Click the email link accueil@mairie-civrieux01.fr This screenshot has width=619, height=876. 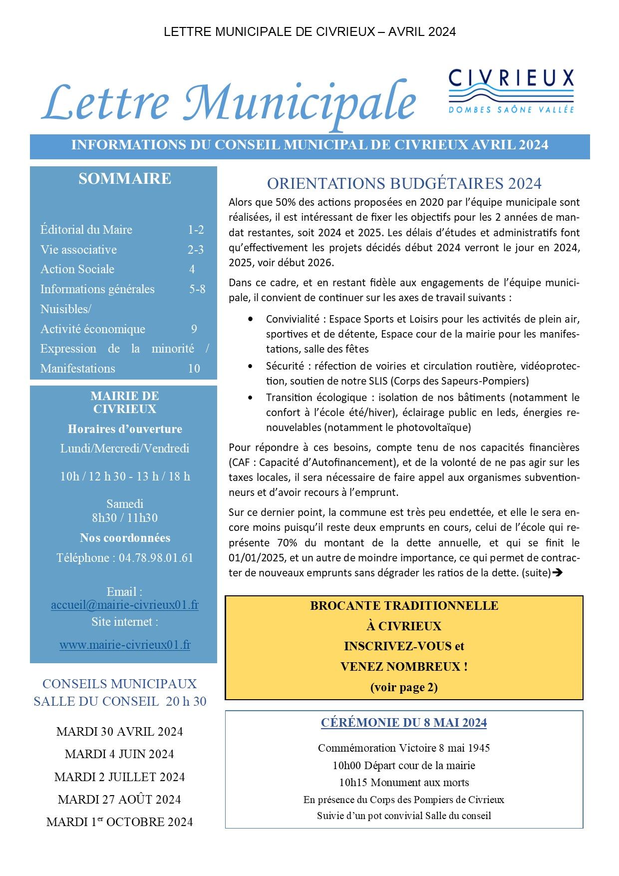(125, 605)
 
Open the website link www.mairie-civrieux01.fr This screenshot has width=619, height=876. (125, 645)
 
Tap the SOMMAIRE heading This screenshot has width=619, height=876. (125, 179)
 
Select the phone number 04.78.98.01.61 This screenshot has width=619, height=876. (156, 558)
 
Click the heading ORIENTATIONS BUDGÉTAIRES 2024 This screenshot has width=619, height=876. (404, 184)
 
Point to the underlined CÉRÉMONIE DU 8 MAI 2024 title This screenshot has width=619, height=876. (404, 723)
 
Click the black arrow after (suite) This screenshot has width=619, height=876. (558, 573)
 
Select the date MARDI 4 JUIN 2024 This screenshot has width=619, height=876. (119, 754)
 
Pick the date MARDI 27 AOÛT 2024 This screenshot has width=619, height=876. (119, 800)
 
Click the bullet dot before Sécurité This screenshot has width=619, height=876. (250, 366)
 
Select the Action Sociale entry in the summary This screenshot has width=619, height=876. (77, 269)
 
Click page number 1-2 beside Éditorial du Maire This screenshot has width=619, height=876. (196, 230)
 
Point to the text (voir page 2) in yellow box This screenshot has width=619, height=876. (404, 687)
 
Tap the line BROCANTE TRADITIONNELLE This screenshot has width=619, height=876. (404, 606)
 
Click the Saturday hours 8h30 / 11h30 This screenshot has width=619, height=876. (125, 518)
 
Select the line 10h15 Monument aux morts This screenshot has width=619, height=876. (404, 783)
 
